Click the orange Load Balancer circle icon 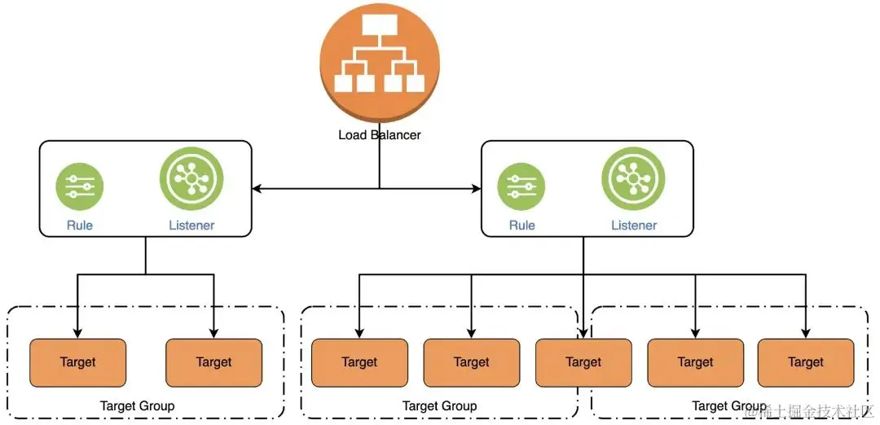coord(379,62)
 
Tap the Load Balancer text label coord(380,134)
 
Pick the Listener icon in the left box coord(191,179)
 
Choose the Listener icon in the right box coord(633,179)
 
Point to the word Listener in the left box coord(191,226)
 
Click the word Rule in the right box coord(521,226)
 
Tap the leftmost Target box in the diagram coord(77,362)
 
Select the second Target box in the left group coord(213,362)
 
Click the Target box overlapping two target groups coord(583,362)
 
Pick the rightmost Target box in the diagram coord(806,362)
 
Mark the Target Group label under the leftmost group coord(137,405)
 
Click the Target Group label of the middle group coord(439,405)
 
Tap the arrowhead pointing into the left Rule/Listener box coord(257,189)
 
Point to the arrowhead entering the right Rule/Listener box coord(476,189)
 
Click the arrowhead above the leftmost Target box coord(77,332)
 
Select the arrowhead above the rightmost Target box coord(806,332)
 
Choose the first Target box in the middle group coord(359,362)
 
